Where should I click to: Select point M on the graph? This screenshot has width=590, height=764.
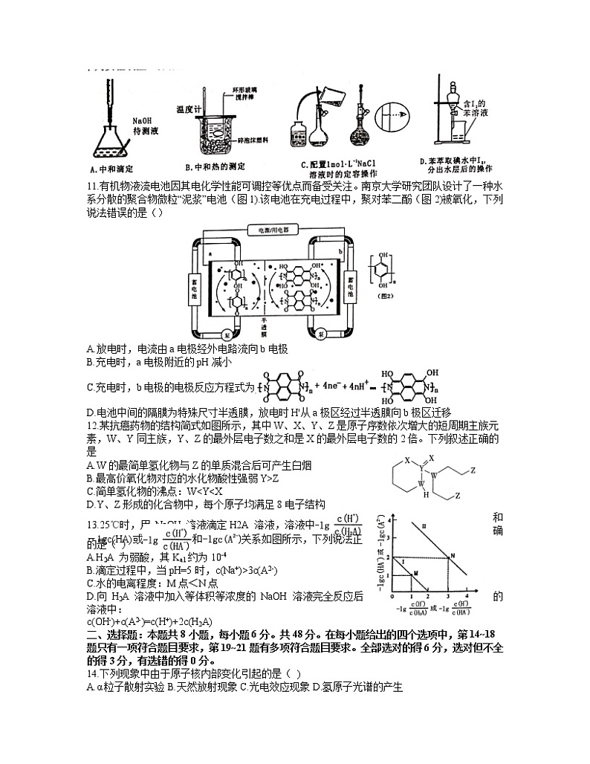(416, 572)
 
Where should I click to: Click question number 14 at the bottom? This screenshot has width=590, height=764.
(92, 674)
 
